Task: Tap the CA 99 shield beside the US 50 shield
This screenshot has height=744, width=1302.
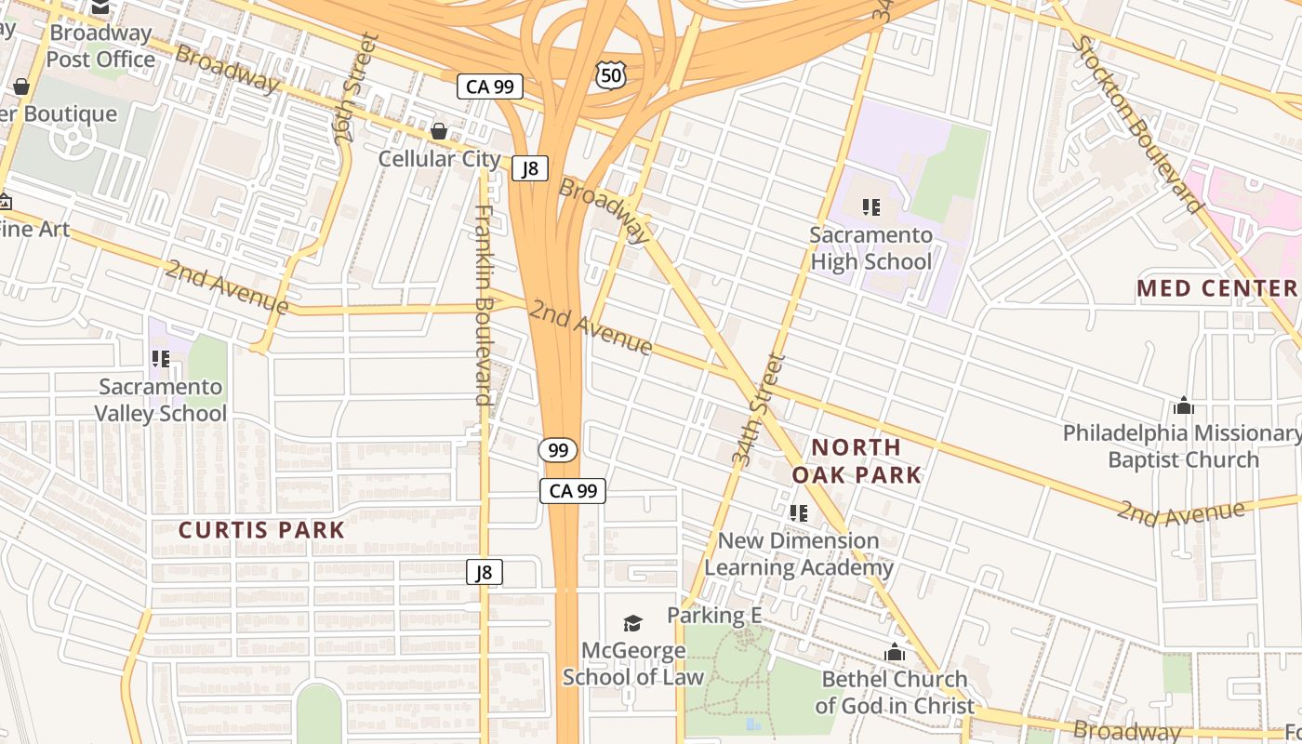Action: click(489, 87)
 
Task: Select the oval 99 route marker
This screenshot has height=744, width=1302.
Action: click(558, 450)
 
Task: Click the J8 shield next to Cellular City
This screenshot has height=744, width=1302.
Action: click(529, 168)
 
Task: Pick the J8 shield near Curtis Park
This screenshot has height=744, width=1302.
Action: click(484, 572)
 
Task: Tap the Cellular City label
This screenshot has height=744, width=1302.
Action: click(439, 159)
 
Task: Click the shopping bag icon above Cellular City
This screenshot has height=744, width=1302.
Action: click(439, 131)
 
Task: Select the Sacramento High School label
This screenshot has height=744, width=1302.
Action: click(870, 248)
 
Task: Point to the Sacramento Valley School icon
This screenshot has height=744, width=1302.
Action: click(161, 358)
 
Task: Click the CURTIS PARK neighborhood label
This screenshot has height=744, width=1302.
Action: click(261, 531)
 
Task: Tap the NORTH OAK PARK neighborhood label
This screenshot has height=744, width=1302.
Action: click(857, 461)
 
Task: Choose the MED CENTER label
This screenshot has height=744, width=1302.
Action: click(1216, 288)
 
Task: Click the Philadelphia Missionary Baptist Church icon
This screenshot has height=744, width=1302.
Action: click(1184, 405)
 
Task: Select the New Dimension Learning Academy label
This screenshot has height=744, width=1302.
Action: click(798, 554)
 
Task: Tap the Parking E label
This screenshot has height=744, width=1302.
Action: click(713, 616)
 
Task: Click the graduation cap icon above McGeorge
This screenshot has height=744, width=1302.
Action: click(632, 623)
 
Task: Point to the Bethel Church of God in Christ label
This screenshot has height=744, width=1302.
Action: click(895, 693)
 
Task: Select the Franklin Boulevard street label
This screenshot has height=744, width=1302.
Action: click(483, 305)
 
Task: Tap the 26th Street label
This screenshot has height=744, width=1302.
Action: click(357, 88)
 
